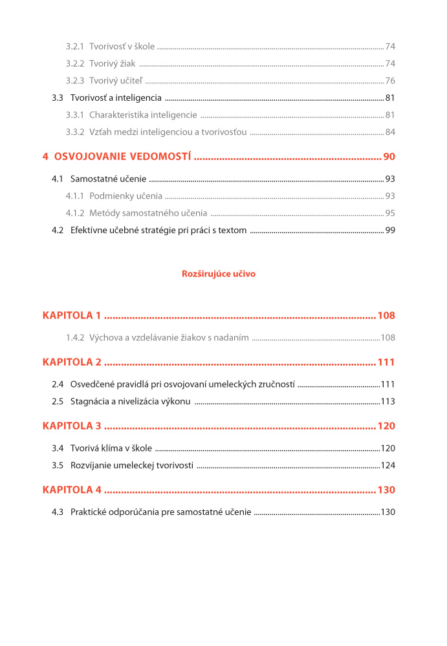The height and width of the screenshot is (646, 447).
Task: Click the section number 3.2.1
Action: [75, 47]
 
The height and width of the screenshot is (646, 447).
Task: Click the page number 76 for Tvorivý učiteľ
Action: [390, 81]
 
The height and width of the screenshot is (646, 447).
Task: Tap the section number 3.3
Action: [58, 98]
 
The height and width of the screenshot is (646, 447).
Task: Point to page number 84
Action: [390, 132]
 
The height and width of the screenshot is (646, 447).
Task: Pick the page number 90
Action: [389, 157]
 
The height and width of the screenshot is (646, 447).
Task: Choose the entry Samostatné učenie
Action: [108, 179]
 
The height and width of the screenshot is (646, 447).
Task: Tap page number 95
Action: [390, 213]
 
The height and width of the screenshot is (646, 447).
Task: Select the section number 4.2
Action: [58, 231]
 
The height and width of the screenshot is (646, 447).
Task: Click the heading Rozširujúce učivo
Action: [219, 274]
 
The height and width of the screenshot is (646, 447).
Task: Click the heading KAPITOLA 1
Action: [72, 316]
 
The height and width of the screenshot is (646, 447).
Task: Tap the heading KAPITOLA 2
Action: [72, 362]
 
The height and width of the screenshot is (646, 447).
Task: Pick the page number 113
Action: [387, 402]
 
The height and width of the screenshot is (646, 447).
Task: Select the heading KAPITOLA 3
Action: [72, 426]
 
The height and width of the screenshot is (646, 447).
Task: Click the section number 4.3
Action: [58, 512]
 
